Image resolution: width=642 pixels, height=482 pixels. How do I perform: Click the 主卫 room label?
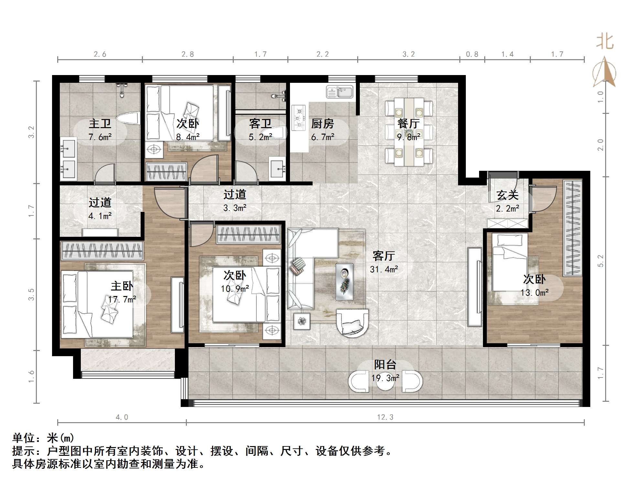point(100,124)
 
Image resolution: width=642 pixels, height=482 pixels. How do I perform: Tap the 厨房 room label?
point(322,124)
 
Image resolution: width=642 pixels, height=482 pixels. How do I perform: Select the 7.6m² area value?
point(100,137)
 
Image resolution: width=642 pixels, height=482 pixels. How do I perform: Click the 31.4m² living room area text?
point(384,269)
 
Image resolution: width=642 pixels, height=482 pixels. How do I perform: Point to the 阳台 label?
point(385,365)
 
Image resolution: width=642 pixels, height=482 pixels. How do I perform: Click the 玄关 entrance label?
point(508,195)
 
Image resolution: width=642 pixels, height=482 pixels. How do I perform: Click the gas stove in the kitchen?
point(299,118)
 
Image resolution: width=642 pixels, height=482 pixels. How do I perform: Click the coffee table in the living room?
point(345,281)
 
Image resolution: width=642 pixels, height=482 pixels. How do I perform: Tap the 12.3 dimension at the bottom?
point(385,417)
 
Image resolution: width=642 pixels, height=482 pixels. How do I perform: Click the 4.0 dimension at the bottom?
point(122,417)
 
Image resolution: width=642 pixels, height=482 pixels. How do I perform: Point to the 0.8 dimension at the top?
point(472,54)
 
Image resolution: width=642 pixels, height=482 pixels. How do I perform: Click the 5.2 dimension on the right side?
point(600,261)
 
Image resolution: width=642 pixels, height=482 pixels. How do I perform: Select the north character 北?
point(605,42)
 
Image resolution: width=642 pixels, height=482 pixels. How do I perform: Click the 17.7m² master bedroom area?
point(122,300)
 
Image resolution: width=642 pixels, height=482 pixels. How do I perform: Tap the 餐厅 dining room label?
point(409,124)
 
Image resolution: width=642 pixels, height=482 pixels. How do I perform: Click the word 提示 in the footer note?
point(23,451)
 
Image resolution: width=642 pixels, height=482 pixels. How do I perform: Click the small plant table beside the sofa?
point(302,321)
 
